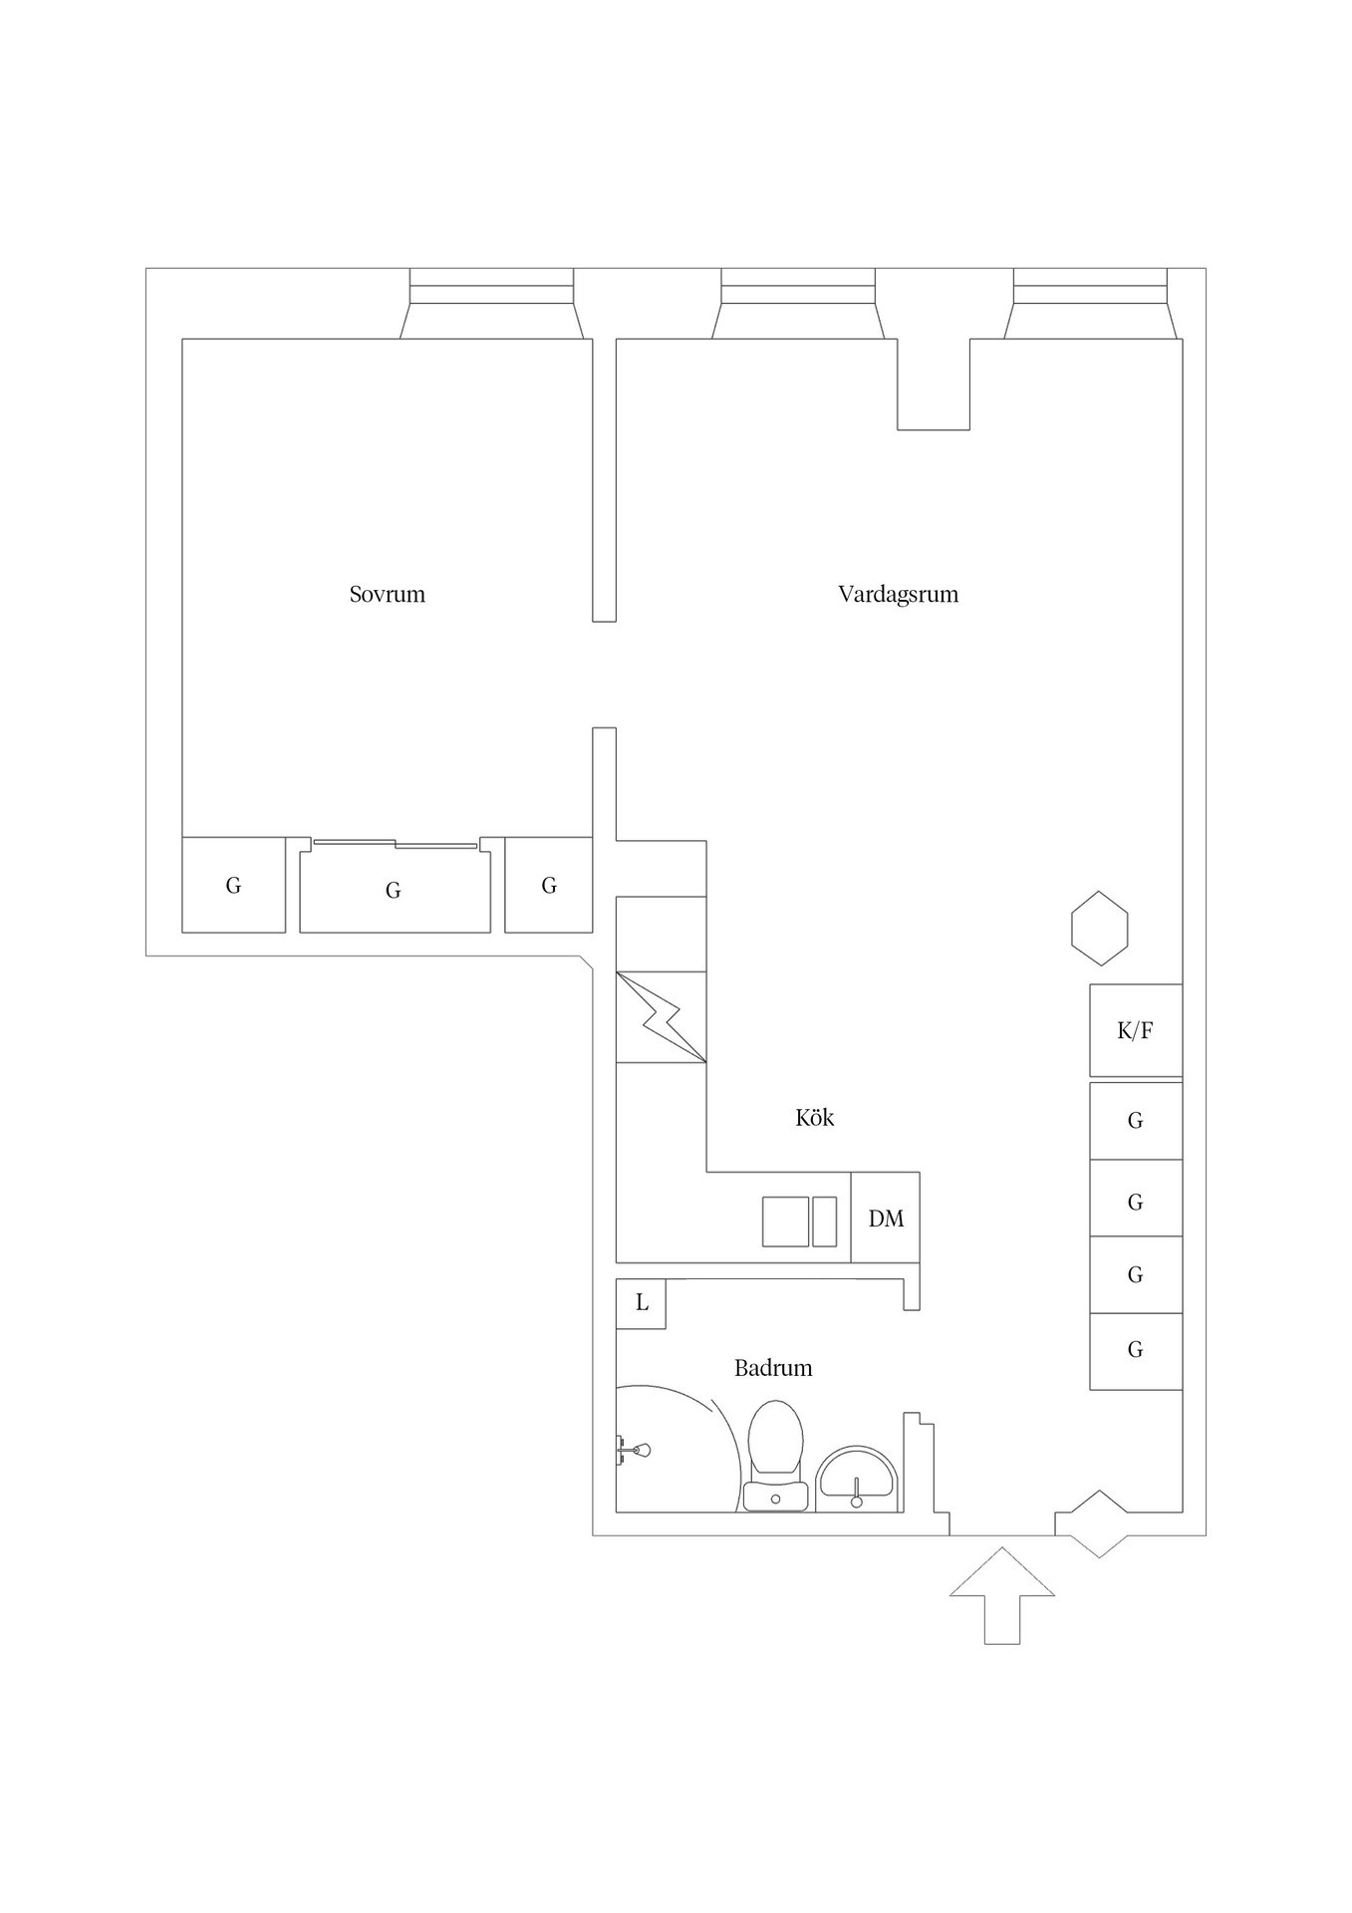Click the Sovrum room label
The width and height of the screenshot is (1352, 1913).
[x=387, y=594]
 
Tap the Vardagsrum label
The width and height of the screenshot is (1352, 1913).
[x=898, y=594]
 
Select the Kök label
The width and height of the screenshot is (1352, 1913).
[x=814, y=1118]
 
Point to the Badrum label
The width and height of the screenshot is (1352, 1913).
[x=773, y=1368]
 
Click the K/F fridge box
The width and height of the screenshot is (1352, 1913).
[x=1135, y=1030]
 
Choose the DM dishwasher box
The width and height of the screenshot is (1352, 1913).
[x=886, y=1218]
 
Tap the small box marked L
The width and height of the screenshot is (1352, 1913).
[x=641, y=1303]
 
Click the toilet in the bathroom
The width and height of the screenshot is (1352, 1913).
[x=775, y=1455]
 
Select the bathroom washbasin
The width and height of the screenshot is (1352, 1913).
[x=857, y=1481]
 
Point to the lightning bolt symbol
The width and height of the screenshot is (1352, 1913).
[x=661, y=1016]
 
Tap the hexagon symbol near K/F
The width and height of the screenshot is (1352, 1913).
[x=1100, y=928]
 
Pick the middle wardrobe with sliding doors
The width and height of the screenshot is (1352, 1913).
[x=395, y=887]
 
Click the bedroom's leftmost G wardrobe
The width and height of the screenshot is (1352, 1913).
[x=233, y=885]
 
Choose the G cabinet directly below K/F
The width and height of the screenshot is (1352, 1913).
[x=1135, y=1121]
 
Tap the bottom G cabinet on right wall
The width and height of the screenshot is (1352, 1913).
[x=1135, y=1350]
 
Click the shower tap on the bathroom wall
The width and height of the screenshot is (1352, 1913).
[x=633, y=1450]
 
